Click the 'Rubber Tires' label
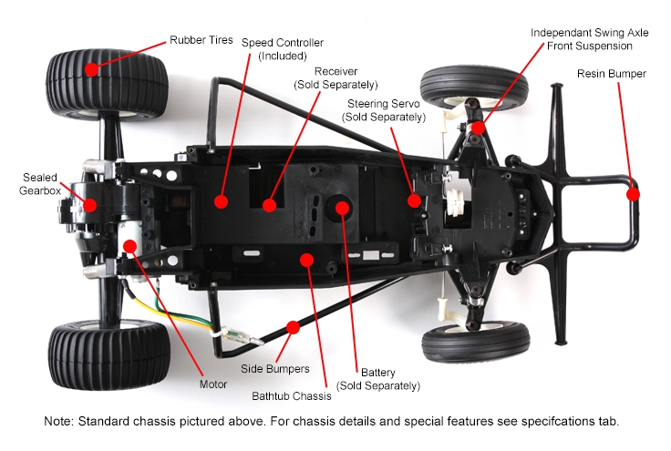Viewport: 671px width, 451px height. (x=201, y=40)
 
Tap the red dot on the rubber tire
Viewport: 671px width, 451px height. (x=91, y=69)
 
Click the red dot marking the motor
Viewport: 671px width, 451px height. (x=129, y=245)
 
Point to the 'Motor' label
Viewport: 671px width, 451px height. (x=213, y=384)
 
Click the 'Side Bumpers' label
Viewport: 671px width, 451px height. (x=275, y=369)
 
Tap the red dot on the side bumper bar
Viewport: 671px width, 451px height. (x=293, y=326)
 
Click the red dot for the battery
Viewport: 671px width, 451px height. (x=342, y=209)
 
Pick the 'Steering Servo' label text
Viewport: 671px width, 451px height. (x=383, y=109)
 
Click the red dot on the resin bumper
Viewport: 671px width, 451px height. (x=633, y=193)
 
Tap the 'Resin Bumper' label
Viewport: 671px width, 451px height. (x=612, y=74)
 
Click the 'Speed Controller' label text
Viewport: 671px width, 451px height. (x=283, y=48)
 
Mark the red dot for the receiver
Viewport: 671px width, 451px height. (x=270, y=205)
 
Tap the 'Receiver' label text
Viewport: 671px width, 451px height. (x=335, y=77)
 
